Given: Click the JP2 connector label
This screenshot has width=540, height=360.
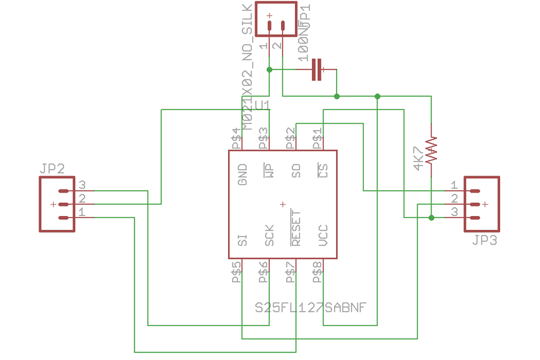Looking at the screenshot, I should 52,169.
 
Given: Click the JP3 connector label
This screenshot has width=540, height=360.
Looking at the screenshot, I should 484,241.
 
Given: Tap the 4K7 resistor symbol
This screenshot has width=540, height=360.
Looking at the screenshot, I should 431,150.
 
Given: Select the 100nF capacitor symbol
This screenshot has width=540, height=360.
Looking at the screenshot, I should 317,69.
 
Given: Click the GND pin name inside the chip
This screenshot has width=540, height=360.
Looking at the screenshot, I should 242,175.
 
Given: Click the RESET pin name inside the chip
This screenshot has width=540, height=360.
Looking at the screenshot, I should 296,228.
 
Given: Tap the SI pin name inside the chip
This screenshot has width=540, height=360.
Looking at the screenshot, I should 242,240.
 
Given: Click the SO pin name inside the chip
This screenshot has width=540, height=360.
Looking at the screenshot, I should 296,171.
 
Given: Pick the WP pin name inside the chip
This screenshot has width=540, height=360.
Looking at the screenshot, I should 269,171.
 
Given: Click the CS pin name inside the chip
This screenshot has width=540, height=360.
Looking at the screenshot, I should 323,171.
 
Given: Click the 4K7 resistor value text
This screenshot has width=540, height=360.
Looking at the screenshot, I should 417,159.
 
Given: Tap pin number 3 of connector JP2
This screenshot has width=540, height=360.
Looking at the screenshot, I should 82,185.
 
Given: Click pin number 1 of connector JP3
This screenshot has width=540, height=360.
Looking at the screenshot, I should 453,185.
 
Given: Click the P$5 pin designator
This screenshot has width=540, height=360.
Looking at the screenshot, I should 236,273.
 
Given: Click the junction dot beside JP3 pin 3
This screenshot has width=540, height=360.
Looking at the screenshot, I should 431,218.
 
